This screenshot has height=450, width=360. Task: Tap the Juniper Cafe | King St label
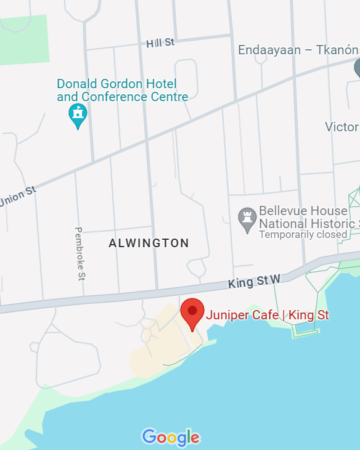267,316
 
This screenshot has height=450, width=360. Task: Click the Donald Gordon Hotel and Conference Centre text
122,90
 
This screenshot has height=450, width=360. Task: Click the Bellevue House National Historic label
309,217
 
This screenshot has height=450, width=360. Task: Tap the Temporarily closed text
303,235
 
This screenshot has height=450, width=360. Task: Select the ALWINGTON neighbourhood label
149,243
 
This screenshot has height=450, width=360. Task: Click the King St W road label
254,282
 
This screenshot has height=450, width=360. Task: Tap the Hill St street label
161,43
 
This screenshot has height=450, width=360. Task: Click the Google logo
171,437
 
